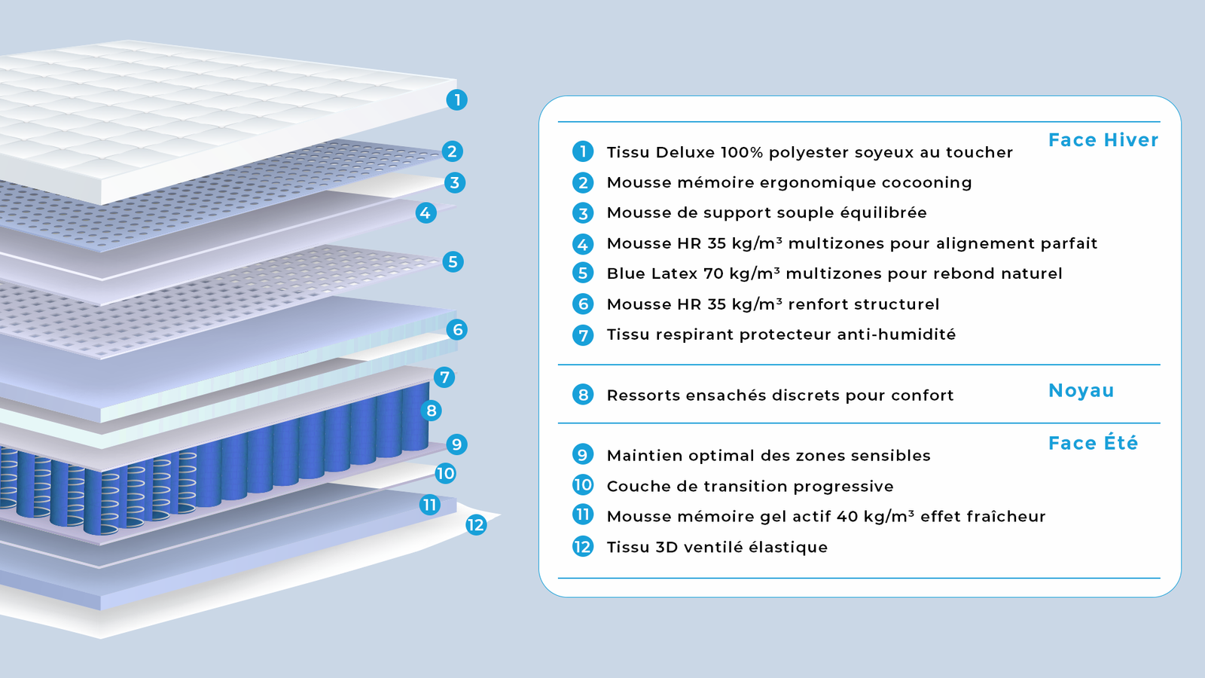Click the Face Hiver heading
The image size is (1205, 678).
coord(1103,140)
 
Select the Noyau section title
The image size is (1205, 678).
coord(1081,390)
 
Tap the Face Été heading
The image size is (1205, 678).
coord(1093,443)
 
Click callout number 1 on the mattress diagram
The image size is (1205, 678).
coord(456,99)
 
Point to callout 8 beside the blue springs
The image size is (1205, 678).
coord(432,411)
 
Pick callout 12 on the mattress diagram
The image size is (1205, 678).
coord(475,525)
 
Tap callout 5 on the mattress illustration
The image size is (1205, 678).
coord(453,262)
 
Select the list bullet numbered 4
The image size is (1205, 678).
coord(583,243)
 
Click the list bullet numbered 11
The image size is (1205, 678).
coord(583,515)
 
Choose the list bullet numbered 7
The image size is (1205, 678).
coord(583,334)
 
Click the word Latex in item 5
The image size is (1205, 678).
coord(675,273)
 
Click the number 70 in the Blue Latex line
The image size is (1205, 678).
coord(713,273)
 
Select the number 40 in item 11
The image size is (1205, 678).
coord(847,517)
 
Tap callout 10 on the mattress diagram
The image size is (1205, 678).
coord(445,473)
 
